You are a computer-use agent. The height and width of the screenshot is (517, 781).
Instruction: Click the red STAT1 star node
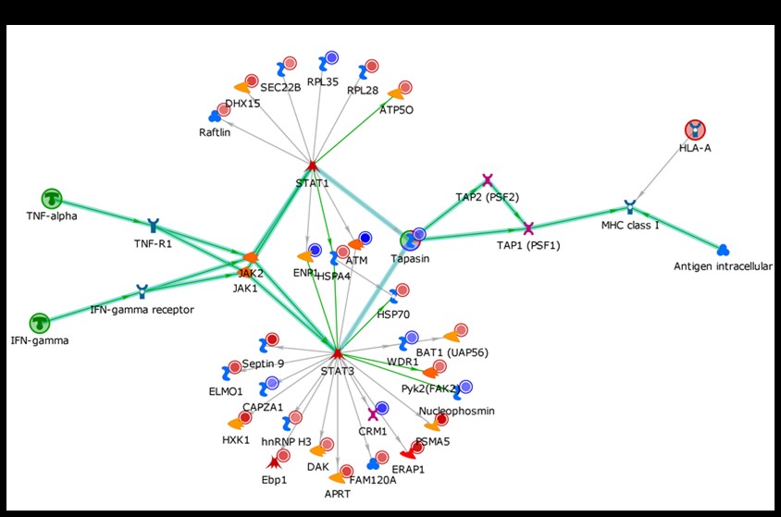point(313,166)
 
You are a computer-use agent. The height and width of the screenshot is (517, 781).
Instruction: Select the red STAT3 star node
point(338,353)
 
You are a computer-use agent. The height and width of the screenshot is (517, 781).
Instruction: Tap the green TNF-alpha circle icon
point(52,198)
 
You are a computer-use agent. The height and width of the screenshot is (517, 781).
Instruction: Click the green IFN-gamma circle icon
point(39,323)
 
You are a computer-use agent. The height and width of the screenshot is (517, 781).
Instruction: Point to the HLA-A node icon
point(695,130)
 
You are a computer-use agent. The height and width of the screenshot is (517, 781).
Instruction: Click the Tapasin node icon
point(411,241)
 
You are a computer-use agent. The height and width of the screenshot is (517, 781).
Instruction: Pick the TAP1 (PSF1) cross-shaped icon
point(528,228)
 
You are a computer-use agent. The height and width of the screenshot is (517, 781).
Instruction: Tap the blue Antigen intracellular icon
point(724,250)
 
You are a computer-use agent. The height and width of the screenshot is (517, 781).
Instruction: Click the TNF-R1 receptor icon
point(153,225)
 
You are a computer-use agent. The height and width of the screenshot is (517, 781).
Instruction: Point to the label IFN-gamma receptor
point(142,310)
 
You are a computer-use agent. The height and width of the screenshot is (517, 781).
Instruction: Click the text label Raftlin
point(214,132)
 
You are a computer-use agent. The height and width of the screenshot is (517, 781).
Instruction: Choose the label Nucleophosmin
point(456,410)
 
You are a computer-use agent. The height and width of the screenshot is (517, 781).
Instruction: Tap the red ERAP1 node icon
point(412,452)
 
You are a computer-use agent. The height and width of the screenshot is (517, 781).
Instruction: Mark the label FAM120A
point(373,480)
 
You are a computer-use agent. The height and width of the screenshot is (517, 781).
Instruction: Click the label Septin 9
point(261,363)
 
